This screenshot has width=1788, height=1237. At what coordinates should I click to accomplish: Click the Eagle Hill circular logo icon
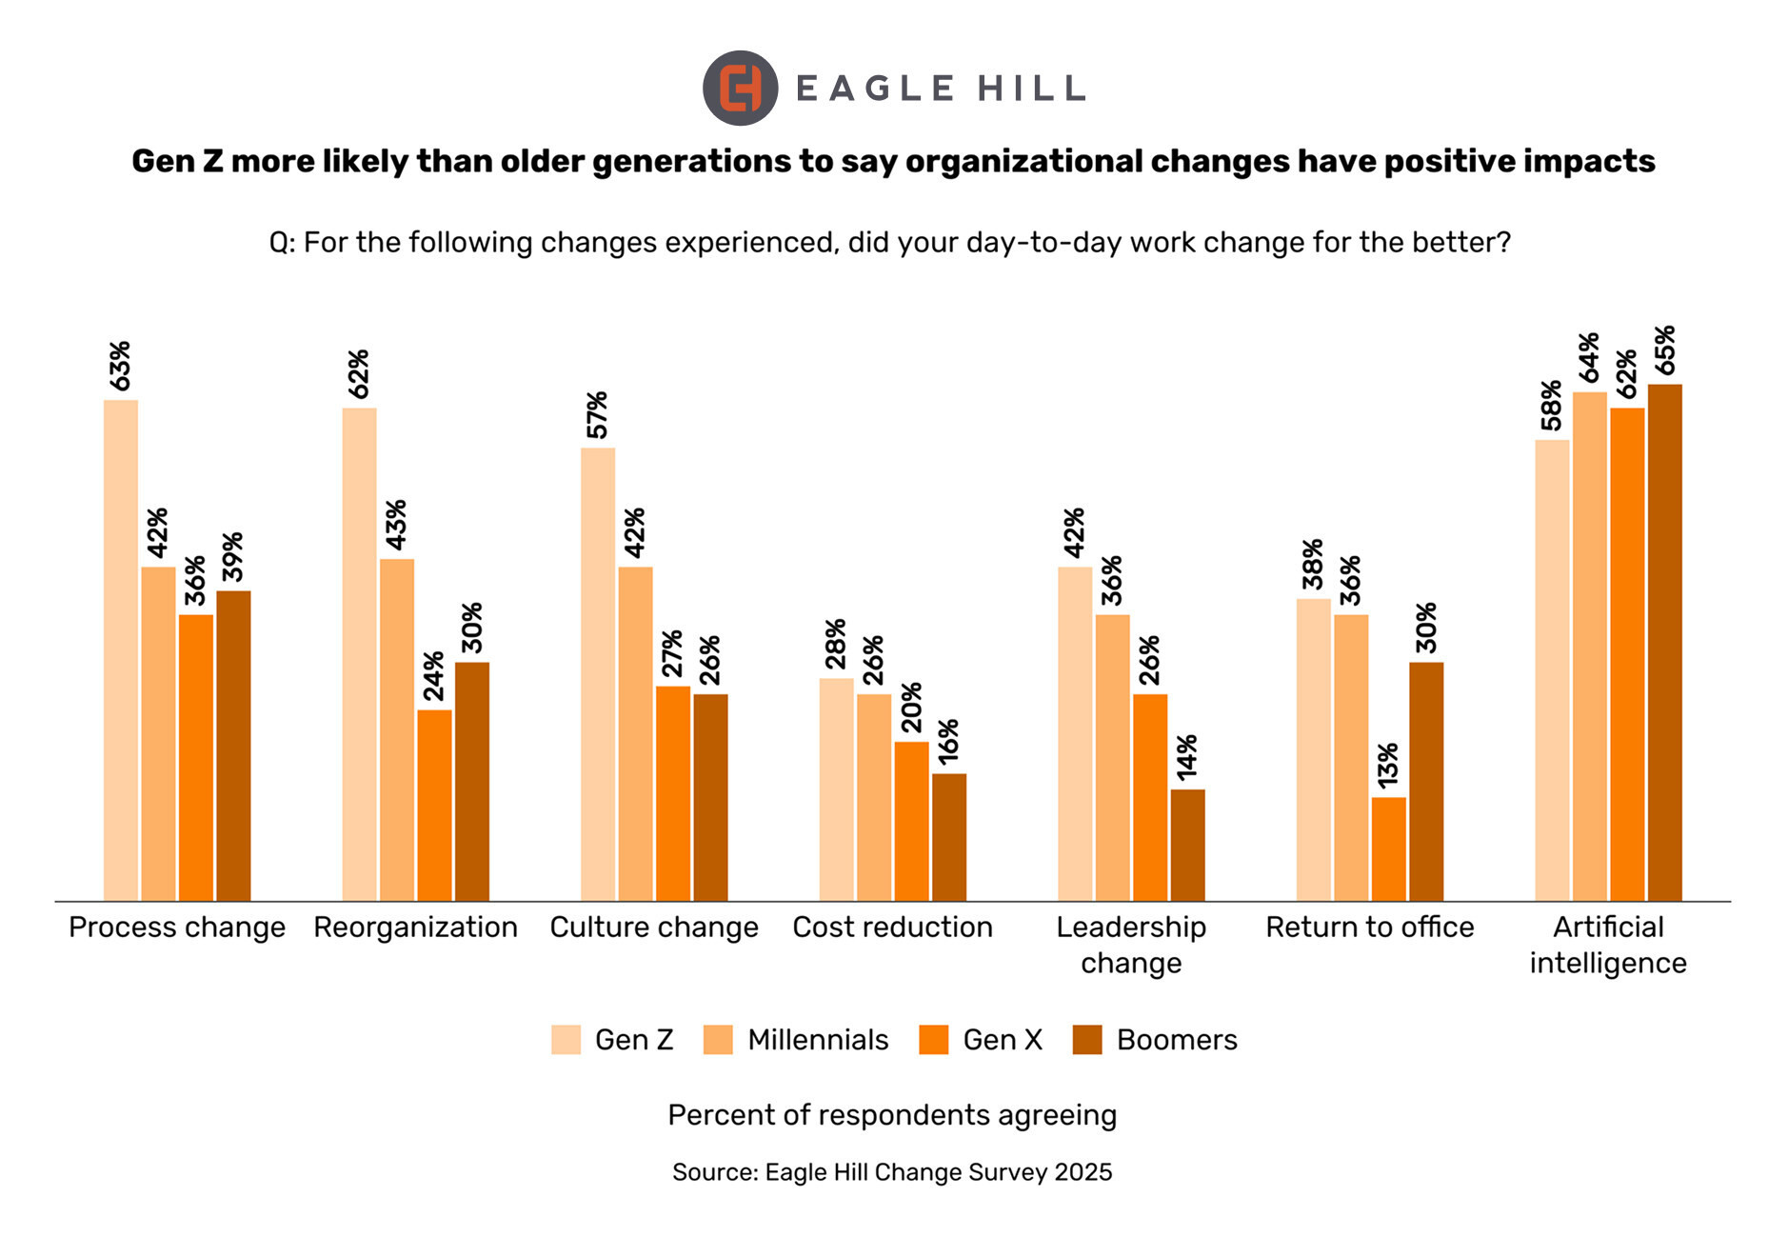point(740,89)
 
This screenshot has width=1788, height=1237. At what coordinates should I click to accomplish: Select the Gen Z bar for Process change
point(121,650)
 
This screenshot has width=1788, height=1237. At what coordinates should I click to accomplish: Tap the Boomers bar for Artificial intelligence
point(1664,643)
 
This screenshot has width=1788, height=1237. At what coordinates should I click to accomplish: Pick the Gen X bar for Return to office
point(1388,848)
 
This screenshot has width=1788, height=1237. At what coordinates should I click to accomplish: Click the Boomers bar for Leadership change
point(1187,845)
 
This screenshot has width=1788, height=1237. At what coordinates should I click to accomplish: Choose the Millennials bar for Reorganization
point(397,729)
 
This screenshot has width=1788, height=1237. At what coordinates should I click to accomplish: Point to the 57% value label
point(597,415)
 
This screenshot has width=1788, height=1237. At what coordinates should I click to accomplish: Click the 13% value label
point(1388,765)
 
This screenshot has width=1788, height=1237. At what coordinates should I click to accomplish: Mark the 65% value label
point(1664,351)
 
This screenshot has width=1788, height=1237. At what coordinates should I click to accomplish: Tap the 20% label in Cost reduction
point(911,708)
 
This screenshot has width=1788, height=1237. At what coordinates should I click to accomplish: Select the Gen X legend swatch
point(934,1040)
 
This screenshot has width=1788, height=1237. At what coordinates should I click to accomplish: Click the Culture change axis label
point(654,928)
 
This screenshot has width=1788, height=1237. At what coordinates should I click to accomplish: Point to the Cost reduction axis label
point(892,928)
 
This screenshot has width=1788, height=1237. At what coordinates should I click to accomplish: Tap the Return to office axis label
point(1369,928)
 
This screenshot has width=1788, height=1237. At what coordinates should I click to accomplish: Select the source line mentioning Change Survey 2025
point(892,1172)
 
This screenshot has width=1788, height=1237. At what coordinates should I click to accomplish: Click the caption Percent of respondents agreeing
point(892,1115)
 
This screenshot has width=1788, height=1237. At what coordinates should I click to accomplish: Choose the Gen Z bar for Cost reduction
point(836,789)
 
